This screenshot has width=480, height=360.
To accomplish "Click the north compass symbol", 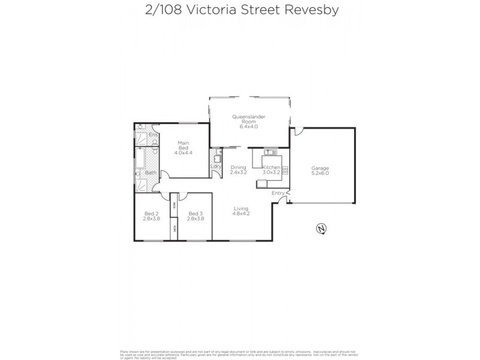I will click(x=322, y=229).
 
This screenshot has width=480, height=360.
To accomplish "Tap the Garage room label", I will click(x=320, y=168).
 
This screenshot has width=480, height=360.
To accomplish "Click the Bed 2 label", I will click(x=152, y=214).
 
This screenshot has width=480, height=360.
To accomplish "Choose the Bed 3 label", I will click(x=196, y=214).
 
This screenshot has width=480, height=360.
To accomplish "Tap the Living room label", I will click(x=241, y=208).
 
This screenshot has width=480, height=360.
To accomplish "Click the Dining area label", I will click(x=238, y=167).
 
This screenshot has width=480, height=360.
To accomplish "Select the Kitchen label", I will click(x=271, y=167).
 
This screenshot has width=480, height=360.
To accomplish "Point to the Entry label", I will click(x=278, y=193).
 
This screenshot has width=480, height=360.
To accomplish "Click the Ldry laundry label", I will click(x=215, y=166).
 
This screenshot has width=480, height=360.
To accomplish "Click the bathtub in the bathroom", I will click(x=139, y=160).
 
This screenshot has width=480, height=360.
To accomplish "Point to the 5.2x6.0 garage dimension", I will click(x=320, y=173).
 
